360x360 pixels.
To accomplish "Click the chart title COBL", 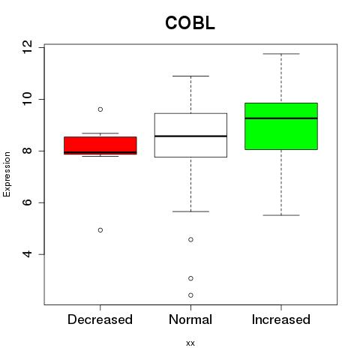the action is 190,23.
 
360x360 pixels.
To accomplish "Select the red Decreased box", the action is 100,145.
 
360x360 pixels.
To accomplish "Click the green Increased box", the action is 281,126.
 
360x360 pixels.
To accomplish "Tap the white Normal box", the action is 190,135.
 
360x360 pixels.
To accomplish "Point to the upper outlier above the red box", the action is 100,109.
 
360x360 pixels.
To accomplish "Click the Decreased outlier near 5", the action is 100,230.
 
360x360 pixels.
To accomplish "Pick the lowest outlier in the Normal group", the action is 190,295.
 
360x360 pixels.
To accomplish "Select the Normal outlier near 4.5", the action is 190,239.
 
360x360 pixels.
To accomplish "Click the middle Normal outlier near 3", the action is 190,278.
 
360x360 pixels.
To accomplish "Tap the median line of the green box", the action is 281,118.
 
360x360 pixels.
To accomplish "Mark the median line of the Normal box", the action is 190,136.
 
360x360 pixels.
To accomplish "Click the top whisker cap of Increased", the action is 281,54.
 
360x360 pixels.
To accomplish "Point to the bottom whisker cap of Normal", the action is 190,211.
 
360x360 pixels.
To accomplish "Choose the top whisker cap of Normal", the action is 190,76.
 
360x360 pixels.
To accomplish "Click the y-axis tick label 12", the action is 27,46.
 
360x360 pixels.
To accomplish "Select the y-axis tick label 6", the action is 27,202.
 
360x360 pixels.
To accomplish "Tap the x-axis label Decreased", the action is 100,319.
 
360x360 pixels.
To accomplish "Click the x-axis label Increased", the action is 281,319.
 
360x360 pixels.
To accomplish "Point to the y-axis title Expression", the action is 7,174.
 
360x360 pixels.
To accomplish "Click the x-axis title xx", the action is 190,343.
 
